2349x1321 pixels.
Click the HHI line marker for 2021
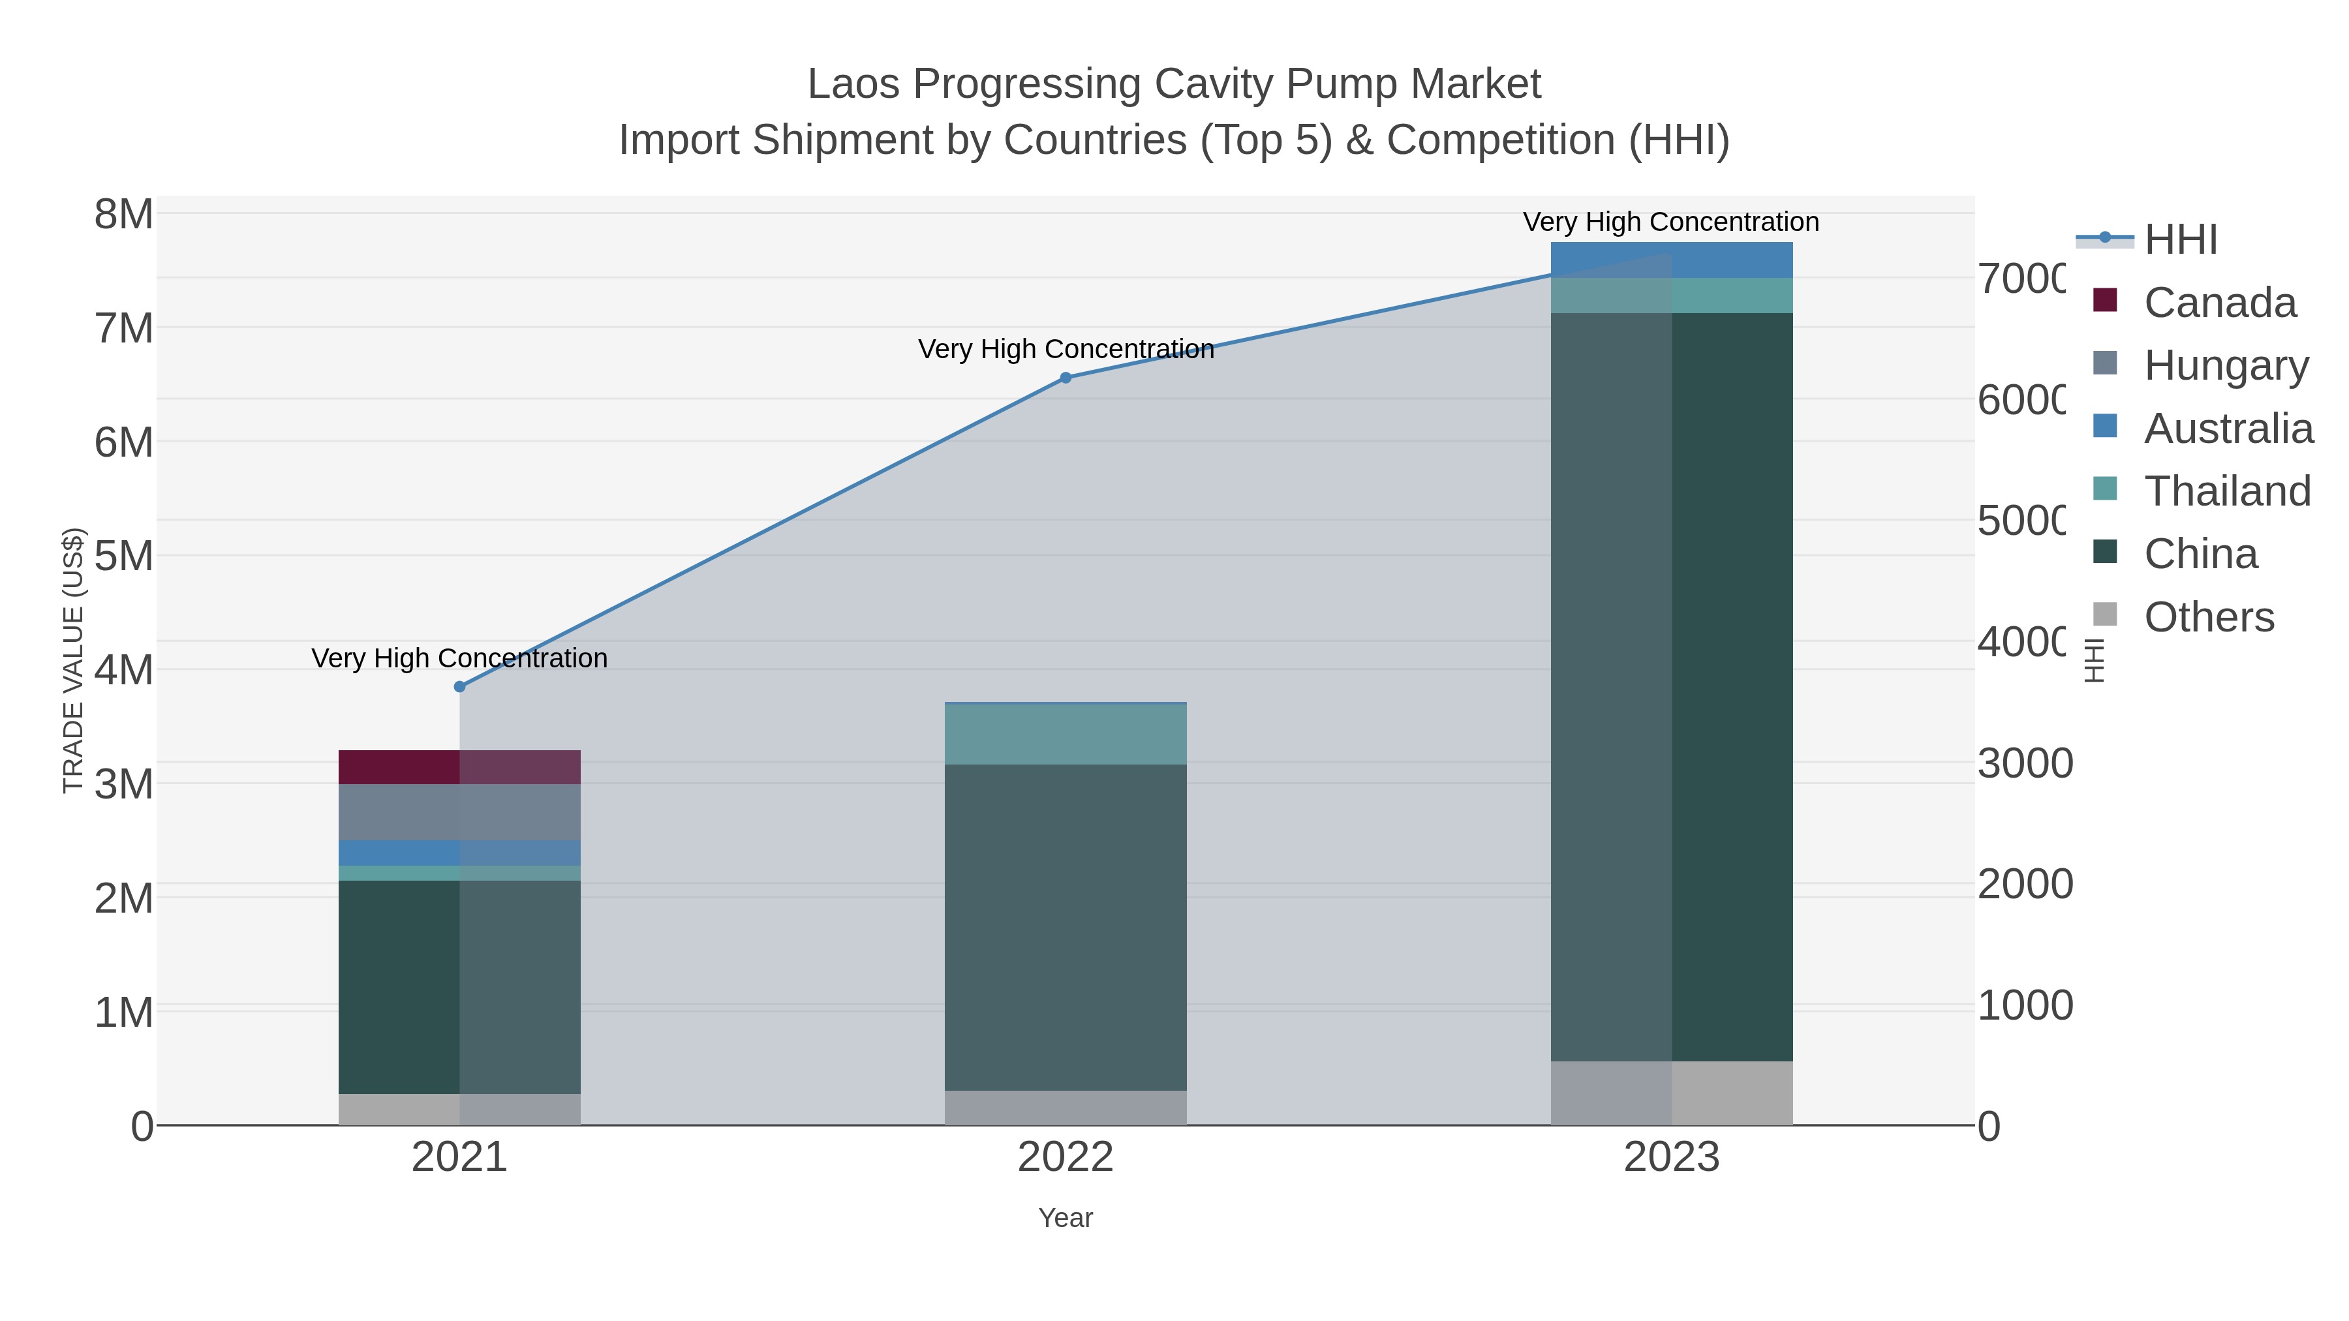pos(459,686)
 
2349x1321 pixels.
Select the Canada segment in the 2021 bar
pos(459,767)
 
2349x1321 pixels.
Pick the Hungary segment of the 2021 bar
pos(459,812)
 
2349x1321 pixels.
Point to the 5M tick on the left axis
pos(124,556)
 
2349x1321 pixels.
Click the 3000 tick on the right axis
pos(2023,763)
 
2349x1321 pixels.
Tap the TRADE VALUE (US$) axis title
pos(73,660)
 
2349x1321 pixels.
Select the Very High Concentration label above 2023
pos(1670,222)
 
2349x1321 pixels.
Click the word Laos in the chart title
pos(854,84)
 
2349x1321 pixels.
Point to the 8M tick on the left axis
pos(124,215)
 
